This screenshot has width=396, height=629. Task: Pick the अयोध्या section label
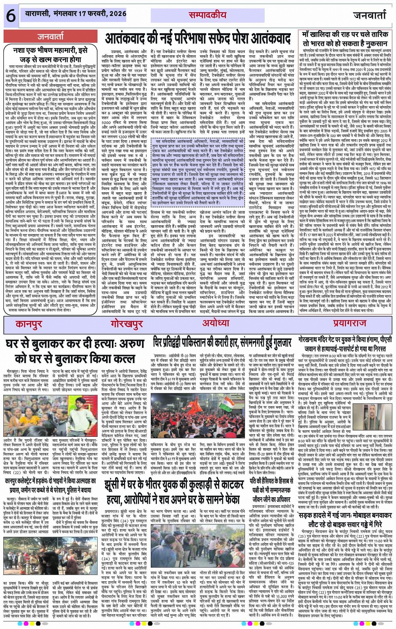[215, 324]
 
